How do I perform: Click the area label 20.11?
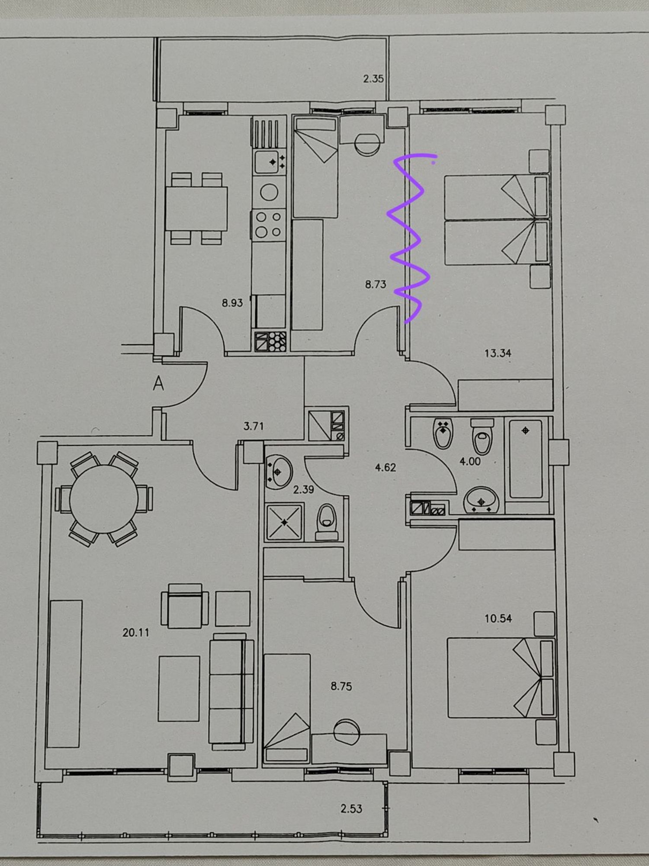coord(136,633)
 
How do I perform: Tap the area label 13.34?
coord(498,353)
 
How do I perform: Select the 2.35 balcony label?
coord(373,79)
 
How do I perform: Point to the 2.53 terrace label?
coord(351,808)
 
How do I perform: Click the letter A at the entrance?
coord(158,383)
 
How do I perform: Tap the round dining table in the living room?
coord(103,498)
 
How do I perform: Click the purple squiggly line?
coord(408,238)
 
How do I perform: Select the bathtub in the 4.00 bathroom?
coord(526,459)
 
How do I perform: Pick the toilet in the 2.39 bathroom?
coord(327,522)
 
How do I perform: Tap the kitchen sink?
coord(269,162)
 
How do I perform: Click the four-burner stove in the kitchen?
coord(269,224)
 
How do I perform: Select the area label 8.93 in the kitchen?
coord(232,303)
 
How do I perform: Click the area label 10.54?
coord(498,618)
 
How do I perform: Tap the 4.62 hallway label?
coord(385,468)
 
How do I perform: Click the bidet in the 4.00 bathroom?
coord(443,433)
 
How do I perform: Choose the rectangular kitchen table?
coord(196,209)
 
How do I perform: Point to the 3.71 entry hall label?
coord(254,426)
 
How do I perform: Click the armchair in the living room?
coord(185,605)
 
